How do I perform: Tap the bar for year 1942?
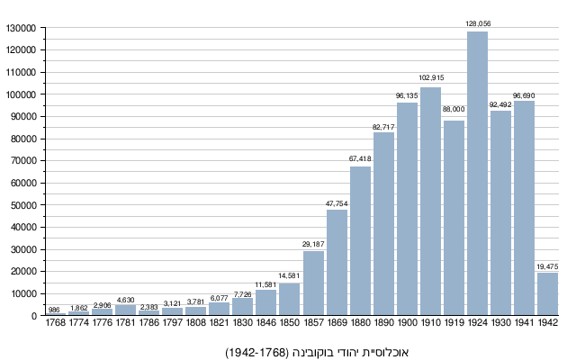[547, 293]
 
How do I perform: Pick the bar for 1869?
[337, 262]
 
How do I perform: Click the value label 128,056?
[477, 23]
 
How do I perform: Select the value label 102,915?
[430, 78]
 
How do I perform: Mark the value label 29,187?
[313, 243]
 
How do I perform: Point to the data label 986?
[54, 309]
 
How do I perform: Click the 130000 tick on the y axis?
[20, 28]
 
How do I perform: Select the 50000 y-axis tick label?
[22, 205]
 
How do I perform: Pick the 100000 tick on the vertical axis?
[20, 94]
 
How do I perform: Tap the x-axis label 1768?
[56, 323]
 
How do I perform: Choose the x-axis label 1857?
[313, 323]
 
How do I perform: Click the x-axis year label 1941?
[524, 323]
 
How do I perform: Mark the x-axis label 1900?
[407, 323]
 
